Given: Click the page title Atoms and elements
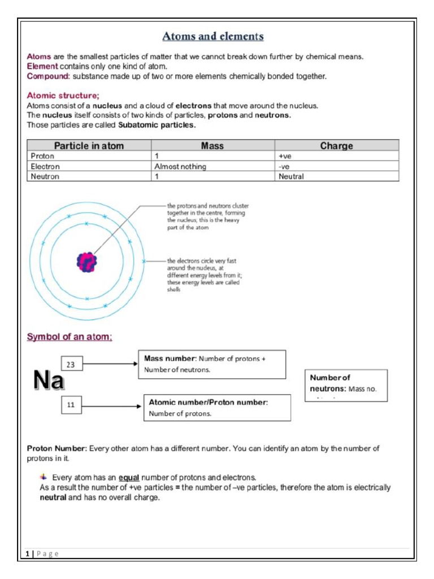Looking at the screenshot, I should (213, 37).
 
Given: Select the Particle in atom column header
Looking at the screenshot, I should (89, 146).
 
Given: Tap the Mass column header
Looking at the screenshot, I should (212, 146).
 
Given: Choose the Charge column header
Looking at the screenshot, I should (336, 146).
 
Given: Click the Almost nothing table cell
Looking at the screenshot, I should (180, 167).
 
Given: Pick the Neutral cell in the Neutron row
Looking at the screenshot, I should (291, 176).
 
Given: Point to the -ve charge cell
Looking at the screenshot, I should (284, 167).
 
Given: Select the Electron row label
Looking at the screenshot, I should (45, 167).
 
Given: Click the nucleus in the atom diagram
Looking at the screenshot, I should (87, 261).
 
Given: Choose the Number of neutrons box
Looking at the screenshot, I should (346, 385).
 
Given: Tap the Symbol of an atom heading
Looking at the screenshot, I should (70, 337).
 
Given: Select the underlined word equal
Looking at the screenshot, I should (129, 477).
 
